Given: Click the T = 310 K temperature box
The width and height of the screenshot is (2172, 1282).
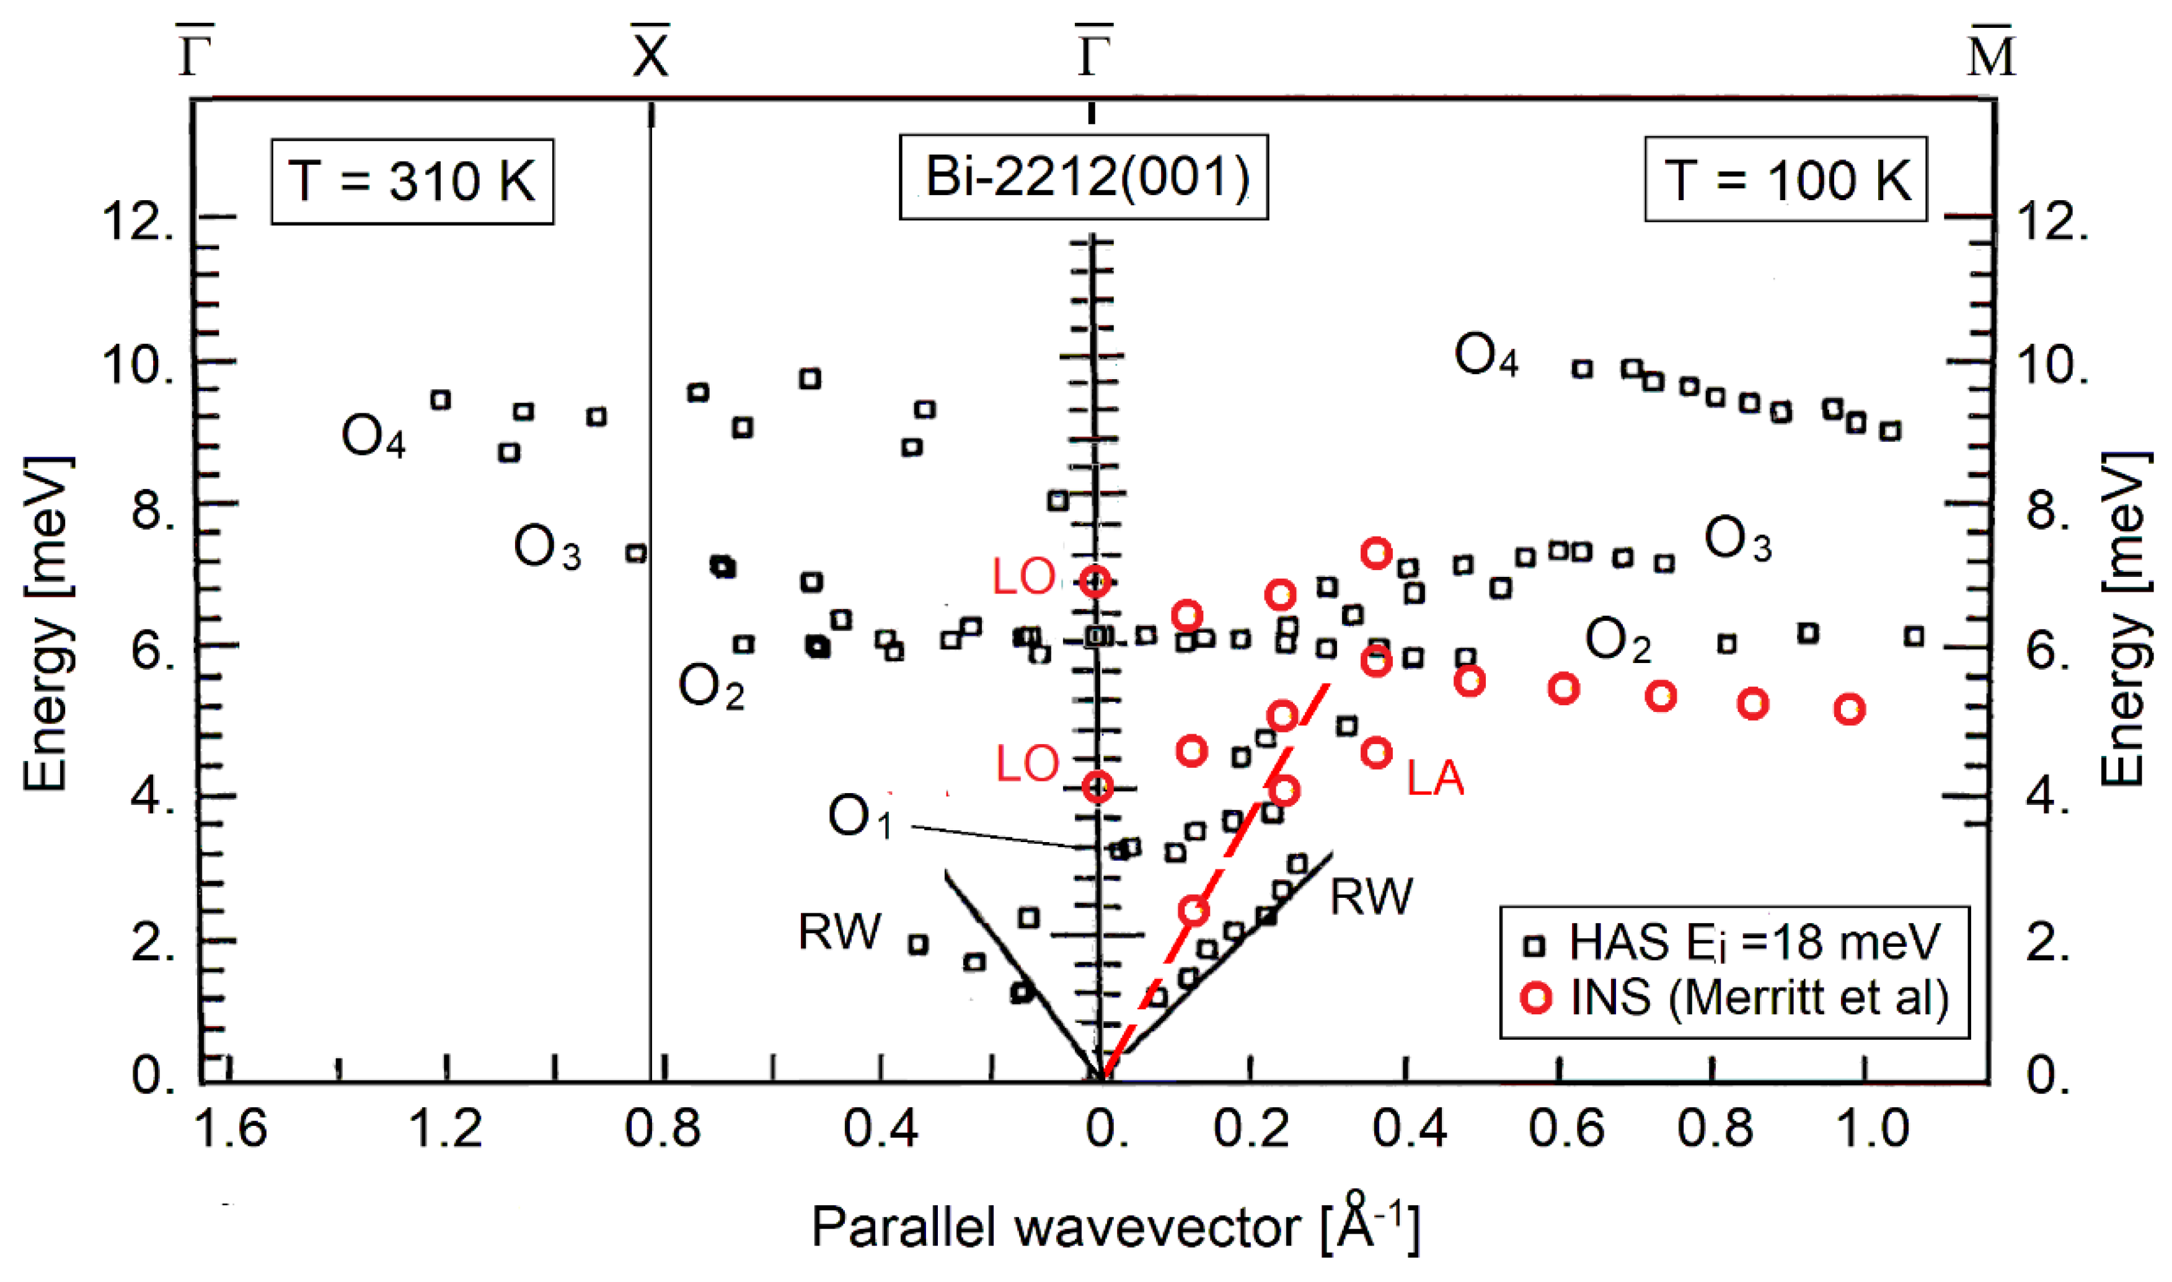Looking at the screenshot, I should (412, 182).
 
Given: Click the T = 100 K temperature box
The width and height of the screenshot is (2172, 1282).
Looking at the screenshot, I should (1785, 180).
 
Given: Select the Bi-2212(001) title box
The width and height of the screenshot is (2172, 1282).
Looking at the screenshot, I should (1084, 177).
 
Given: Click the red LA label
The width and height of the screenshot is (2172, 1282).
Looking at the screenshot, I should (1434, 778).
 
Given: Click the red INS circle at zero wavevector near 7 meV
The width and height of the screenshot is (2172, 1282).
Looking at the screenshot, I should (1095, 581).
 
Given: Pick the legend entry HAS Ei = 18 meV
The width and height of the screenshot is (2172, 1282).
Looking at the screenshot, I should (1737, 942).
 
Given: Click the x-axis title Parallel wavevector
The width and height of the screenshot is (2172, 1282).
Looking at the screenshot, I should (1115, 1227).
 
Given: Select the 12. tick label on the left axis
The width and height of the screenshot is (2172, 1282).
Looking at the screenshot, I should (138, 221).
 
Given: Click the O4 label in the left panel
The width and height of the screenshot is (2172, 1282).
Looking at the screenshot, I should (373, 436).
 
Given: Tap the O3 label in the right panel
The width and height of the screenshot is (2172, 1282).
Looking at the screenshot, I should (1737, 540).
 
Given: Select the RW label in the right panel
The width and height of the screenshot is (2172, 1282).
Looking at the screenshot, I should (1371, 897).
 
